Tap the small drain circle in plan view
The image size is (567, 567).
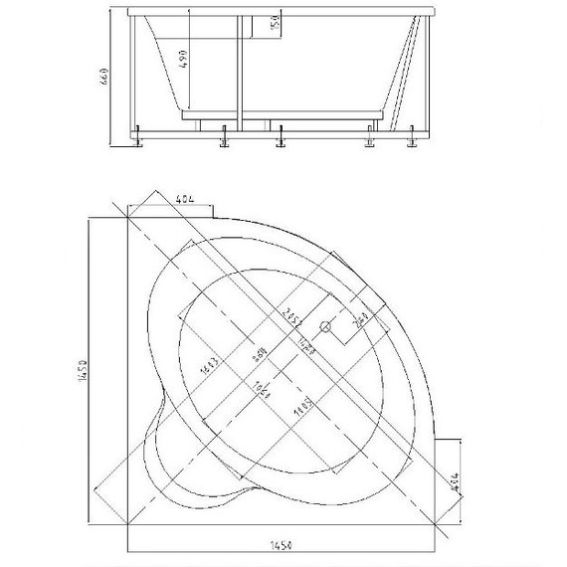tap(323, 325)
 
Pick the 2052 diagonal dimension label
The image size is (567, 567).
tap(290, 316)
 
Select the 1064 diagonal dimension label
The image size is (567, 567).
tap(263, 389)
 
